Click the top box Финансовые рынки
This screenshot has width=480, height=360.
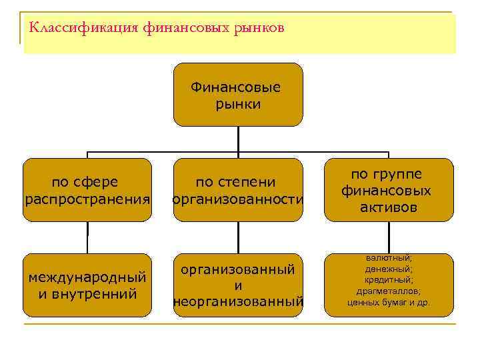[238, 94]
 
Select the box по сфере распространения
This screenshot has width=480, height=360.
[87, 189]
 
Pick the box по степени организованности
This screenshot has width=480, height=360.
[238, 189]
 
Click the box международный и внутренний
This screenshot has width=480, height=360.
[87, 285]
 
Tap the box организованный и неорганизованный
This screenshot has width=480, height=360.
[238, 285]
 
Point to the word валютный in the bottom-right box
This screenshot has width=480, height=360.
[389, 258]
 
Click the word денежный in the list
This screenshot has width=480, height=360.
[389, 269]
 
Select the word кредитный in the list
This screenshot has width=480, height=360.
[389, 280]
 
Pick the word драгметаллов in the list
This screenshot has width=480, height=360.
[389, 291]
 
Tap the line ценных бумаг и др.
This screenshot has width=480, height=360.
[389, 302]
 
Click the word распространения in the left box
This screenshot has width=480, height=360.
[87, 199]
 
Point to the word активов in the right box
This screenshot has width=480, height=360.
[388, 207]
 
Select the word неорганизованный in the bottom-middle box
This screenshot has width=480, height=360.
[238, 302]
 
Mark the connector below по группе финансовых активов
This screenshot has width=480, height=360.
[388, 237]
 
